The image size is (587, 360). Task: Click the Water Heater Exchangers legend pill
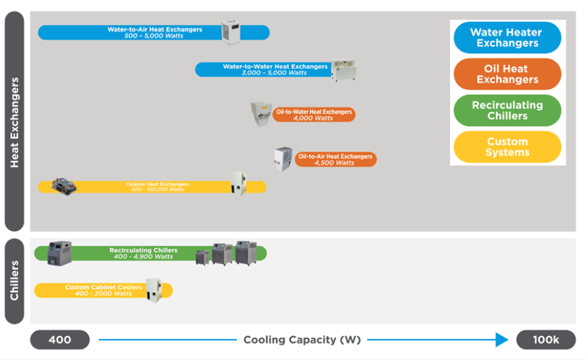(x=507, y=38)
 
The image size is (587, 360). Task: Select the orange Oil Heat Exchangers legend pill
(x=507, y=74)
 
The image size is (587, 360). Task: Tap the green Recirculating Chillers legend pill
(x=507, y=110)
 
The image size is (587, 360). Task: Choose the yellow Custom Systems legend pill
(x=507, y=147)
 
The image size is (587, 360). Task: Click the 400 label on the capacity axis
(x=60, y=340)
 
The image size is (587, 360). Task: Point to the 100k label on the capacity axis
(x=545, y=340)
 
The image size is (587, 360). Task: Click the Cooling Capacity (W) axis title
(x=302, y=340)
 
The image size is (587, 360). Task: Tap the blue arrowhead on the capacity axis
(x=503, y=340)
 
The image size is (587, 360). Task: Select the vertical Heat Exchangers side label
(x=15, y=122)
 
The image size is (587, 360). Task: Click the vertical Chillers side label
(x=15, y=281)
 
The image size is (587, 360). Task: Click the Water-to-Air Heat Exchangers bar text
(x=154, y=33)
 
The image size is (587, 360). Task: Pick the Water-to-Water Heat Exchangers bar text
(x=275, y=69)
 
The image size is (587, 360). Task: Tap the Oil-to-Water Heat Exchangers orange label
(x=314, y=115)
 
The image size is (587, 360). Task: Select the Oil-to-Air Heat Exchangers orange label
(x=335, y=160)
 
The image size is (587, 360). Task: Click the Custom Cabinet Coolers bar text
(x=103, y=290)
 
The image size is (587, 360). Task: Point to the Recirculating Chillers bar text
(x=143, y=253)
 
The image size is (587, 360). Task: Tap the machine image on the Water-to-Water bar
(x=343, y=70)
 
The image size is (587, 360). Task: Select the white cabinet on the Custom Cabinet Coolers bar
(x=153, y=290)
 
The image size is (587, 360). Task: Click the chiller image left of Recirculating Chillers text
(x=60, y=253)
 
